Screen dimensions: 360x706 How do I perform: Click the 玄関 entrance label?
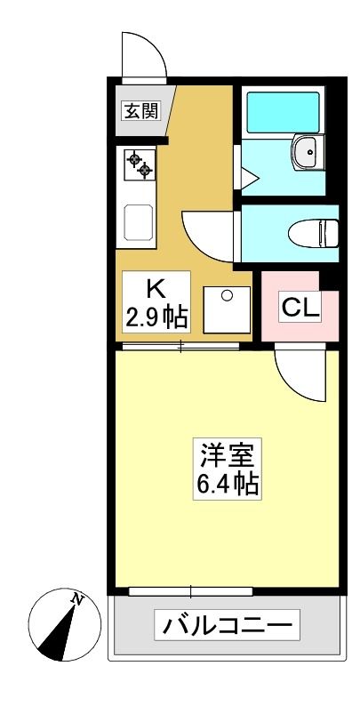(x=142, y=110)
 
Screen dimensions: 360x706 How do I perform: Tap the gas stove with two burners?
(x=140, y=165)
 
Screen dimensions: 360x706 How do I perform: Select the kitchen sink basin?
(x=139, y=223)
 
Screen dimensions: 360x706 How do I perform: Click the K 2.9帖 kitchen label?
(x=156, y=301)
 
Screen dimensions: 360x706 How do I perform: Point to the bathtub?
(x=283, y=113)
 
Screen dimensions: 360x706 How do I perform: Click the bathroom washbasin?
(x=308, y=152)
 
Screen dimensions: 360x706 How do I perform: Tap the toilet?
(x=313, y=233)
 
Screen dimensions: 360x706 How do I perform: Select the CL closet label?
(x=300, y=307)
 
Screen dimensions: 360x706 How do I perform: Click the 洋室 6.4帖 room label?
(x=228, y=468)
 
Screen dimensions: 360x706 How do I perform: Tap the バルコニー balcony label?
(x=227, y=624)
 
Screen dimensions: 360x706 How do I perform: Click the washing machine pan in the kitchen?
(x=227, y=309)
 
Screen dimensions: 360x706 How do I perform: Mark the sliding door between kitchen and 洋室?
(x=181, y=346)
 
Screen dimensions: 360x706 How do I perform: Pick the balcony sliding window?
(x=190, y=591)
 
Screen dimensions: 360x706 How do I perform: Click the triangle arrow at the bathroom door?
(x=250, y=179)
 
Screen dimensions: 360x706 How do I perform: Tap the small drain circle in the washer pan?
(x=228, y=295)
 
